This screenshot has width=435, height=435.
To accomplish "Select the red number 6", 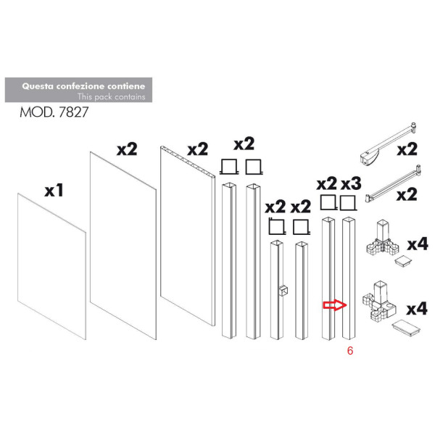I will pyautogui.click(x=350, y=350).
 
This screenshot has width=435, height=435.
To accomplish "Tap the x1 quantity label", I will pyautogui.click(x=54, y=191).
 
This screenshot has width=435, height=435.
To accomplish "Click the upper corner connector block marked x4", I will pyautogui.click(x=381, y=242).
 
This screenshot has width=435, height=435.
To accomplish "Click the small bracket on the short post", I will pyautogui.click(x=282, y=291).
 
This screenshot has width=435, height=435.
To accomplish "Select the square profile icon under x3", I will pyautogui.click(x=348, y=202).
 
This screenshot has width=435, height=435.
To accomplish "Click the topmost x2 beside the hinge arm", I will pyautogui.click(x=407, y=150).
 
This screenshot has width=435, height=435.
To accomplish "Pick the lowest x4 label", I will pyautogui.click(x=417, y=310).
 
